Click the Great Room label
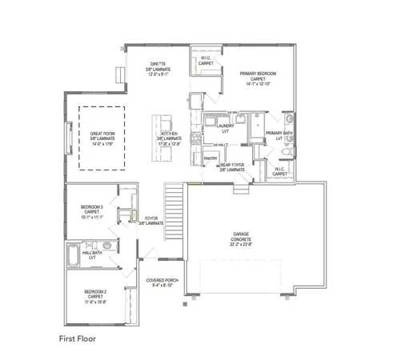pyautogui.click(x=102, y=134)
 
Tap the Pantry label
pyautogui.click(x=211, y=158)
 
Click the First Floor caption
pyautogui.click(x=78, y=338)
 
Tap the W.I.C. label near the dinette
pyautogui.click(x=206, y=59)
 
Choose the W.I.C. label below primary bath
pyautogui.click(x=280, y=170)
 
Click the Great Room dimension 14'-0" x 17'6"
pyautogui.click(x=102, y=143)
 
